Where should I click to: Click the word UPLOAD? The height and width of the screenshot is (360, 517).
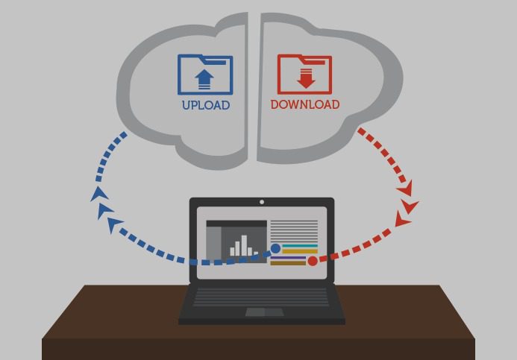(x=206, y=105)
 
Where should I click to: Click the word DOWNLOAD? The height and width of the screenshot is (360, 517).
(x=305, y=104)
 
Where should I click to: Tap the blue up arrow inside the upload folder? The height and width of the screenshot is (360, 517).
(x=204, y=79)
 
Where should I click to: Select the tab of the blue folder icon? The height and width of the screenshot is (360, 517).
(x=214, y=60)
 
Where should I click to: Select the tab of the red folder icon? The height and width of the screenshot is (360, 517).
(x=314, y=60)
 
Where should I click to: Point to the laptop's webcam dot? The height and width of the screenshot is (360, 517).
(x=262, y=202)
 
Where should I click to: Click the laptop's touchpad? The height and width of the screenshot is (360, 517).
(x=265, y=312)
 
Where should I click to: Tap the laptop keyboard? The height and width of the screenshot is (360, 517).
(x=261, y=297)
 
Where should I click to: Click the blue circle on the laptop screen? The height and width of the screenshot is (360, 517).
(x=275, y=248)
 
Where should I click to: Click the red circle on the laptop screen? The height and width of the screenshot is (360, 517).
(x=313, y=261)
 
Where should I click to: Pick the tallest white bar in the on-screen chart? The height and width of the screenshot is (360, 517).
(x=244, y=245)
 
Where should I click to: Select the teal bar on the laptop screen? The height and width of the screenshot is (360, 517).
(x=300, y=246)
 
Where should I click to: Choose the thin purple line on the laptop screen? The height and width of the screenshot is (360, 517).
(x=288, y=258)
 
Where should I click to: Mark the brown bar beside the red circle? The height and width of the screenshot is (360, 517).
(x=288, y=263)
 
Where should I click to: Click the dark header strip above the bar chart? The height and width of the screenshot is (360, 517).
(x=236, y=224)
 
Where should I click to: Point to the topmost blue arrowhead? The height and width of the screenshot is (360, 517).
(x=99, y=194)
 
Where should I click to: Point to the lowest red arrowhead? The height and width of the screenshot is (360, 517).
(x=403, y=219)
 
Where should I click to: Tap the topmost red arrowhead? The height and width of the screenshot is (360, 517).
(x=405, y=189)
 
